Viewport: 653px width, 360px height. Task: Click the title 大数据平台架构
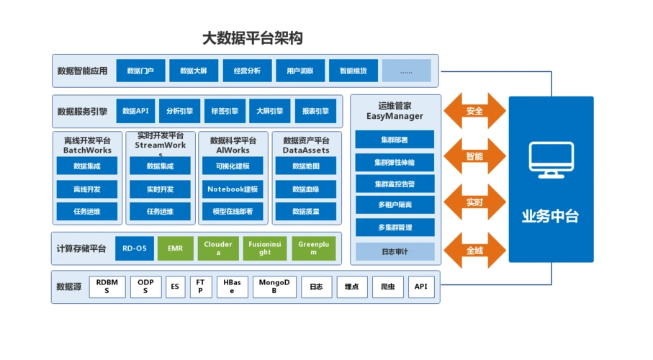tap(251, 39)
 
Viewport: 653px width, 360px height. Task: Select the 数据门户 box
tap(140, 71)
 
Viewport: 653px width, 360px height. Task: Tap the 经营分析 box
tap(247, 71)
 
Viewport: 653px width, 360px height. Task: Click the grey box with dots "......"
tap(406, 71)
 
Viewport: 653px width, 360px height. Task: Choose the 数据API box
tap(135, 111)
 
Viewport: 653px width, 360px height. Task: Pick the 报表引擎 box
tap(315, 111)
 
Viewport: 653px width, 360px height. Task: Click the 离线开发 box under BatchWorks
tap(86, 189)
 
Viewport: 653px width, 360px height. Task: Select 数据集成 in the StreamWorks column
tap(160, 166)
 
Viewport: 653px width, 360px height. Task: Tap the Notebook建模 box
tap(233, 189)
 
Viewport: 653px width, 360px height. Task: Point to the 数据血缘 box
tap(305, 189)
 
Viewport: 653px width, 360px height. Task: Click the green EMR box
tap(175, 248)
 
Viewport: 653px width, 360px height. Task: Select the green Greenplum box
tap(313, 248)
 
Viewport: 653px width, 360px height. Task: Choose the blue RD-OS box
tap(134, 248)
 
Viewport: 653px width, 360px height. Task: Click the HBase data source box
tap(232, 287)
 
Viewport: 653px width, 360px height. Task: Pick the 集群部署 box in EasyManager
tap(395, 140)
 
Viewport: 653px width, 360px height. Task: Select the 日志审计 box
tap(395, 251)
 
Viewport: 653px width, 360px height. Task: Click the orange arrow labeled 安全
tap(474, 111)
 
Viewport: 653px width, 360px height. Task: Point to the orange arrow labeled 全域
tap(474, 251)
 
